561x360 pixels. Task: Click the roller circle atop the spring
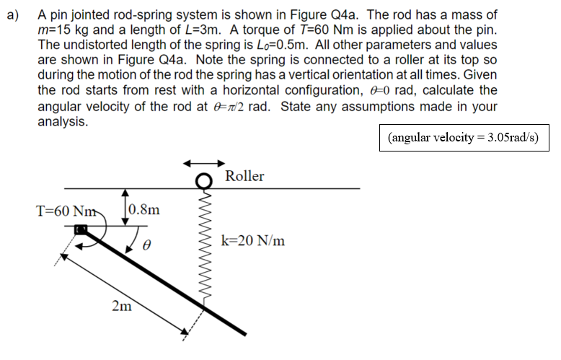206,180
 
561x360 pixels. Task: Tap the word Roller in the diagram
244,176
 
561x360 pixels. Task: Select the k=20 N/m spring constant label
253,241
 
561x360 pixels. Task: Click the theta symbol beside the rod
146,246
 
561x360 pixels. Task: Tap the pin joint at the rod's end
81,229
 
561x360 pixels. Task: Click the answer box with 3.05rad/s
463,137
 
